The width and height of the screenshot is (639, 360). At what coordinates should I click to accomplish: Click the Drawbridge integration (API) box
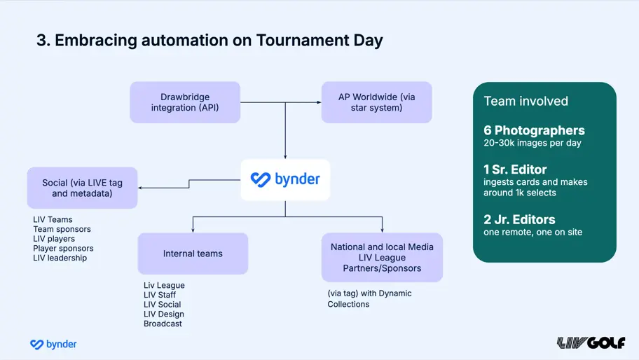point(185,102)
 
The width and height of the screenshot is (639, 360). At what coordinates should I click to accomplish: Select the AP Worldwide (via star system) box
point(376,102)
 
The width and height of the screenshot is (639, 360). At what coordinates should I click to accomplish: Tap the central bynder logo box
point(285,179)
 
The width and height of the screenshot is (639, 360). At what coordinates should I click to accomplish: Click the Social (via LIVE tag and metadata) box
point(82,188)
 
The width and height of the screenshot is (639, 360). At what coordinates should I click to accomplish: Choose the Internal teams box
point(193,254)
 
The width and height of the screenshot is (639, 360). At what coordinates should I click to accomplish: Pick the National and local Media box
point(382,257)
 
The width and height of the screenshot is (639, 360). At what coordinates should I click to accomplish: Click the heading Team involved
point(525,102)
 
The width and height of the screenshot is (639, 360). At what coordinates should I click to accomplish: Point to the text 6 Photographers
point(534,130)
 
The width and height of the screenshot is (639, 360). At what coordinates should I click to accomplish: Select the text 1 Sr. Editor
point(515,169)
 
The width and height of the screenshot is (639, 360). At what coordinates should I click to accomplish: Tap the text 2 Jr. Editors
point(519,219)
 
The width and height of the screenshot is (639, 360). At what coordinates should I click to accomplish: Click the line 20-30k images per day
point(532,144)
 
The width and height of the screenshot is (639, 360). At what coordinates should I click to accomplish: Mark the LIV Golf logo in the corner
point(591,342)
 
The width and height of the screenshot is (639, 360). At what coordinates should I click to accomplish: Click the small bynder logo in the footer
point(53,344)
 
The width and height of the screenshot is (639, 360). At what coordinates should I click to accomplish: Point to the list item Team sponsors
point(62,229)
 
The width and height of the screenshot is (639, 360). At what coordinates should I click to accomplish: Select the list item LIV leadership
point(60,258)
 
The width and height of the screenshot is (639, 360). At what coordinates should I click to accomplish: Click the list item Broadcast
point(163,324)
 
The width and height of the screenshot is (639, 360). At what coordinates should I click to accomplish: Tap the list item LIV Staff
point(160,295)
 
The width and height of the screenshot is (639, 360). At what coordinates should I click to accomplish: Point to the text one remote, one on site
point(532,232)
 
